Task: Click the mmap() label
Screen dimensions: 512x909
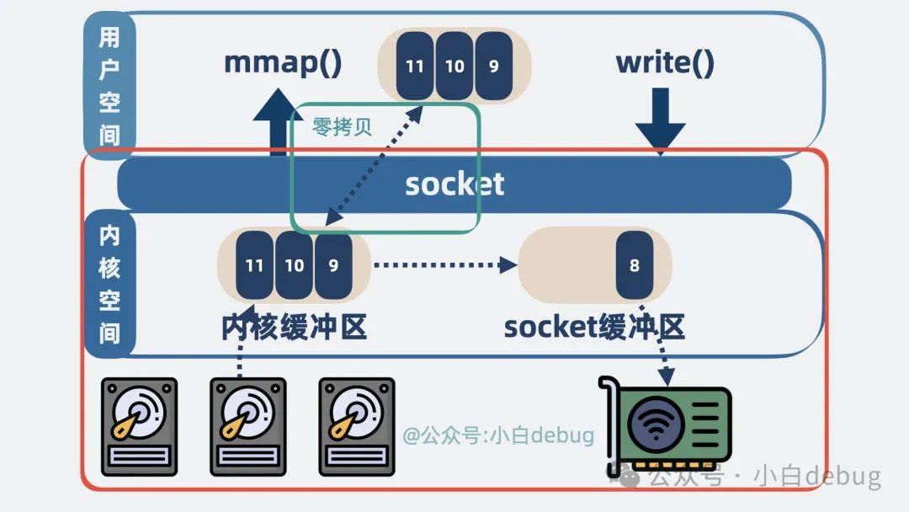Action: [x=283, y=63]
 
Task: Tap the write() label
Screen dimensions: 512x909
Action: [x=665, y=63]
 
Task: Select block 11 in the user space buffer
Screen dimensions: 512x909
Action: [x=414, y=66]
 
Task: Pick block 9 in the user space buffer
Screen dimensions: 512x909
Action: [x=493, y=66]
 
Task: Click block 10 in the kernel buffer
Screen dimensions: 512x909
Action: [x=294, y=265]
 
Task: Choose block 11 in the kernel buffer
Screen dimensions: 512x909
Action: [x=254, y=265]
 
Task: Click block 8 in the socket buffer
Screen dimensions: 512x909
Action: [x=634, y=265]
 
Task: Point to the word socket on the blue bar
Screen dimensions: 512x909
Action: [x=454, y=184]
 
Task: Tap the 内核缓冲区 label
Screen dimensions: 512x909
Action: [x=295, y=327]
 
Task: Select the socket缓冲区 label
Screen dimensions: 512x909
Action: [x=594, y=327]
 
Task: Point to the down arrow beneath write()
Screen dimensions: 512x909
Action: [x=660, y=122]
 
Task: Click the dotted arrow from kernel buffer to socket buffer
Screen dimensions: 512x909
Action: [x=444, y=264]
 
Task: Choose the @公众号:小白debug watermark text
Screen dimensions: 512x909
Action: [x=498, y=435]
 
